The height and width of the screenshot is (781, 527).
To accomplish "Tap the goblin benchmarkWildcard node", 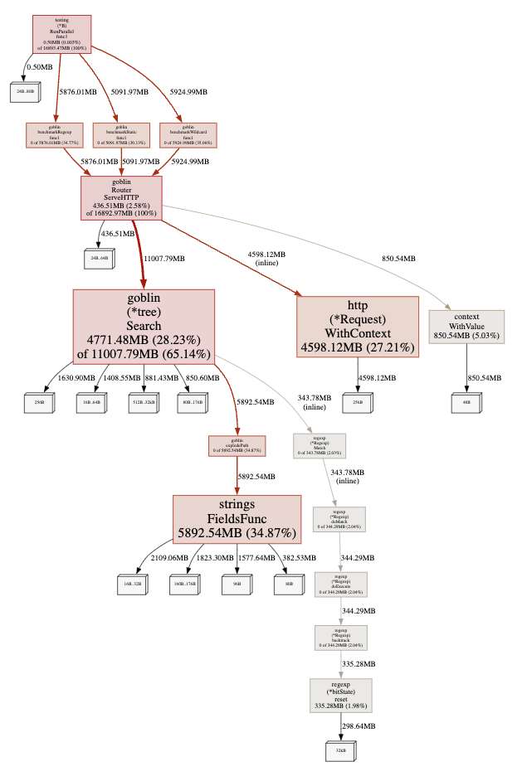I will tap(188, 136).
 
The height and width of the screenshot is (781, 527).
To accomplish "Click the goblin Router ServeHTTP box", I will tap(121, 198).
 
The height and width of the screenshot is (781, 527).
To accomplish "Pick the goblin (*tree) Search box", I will tap(144, 326).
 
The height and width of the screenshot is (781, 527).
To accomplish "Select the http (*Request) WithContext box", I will tap(358, 326).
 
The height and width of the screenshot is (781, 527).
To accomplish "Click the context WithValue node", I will tap(466, 326).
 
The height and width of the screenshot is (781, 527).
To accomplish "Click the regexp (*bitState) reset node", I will tap(340, 696).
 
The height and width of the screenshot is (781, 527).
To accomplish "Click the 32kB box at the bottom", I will tap(340, 751).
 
